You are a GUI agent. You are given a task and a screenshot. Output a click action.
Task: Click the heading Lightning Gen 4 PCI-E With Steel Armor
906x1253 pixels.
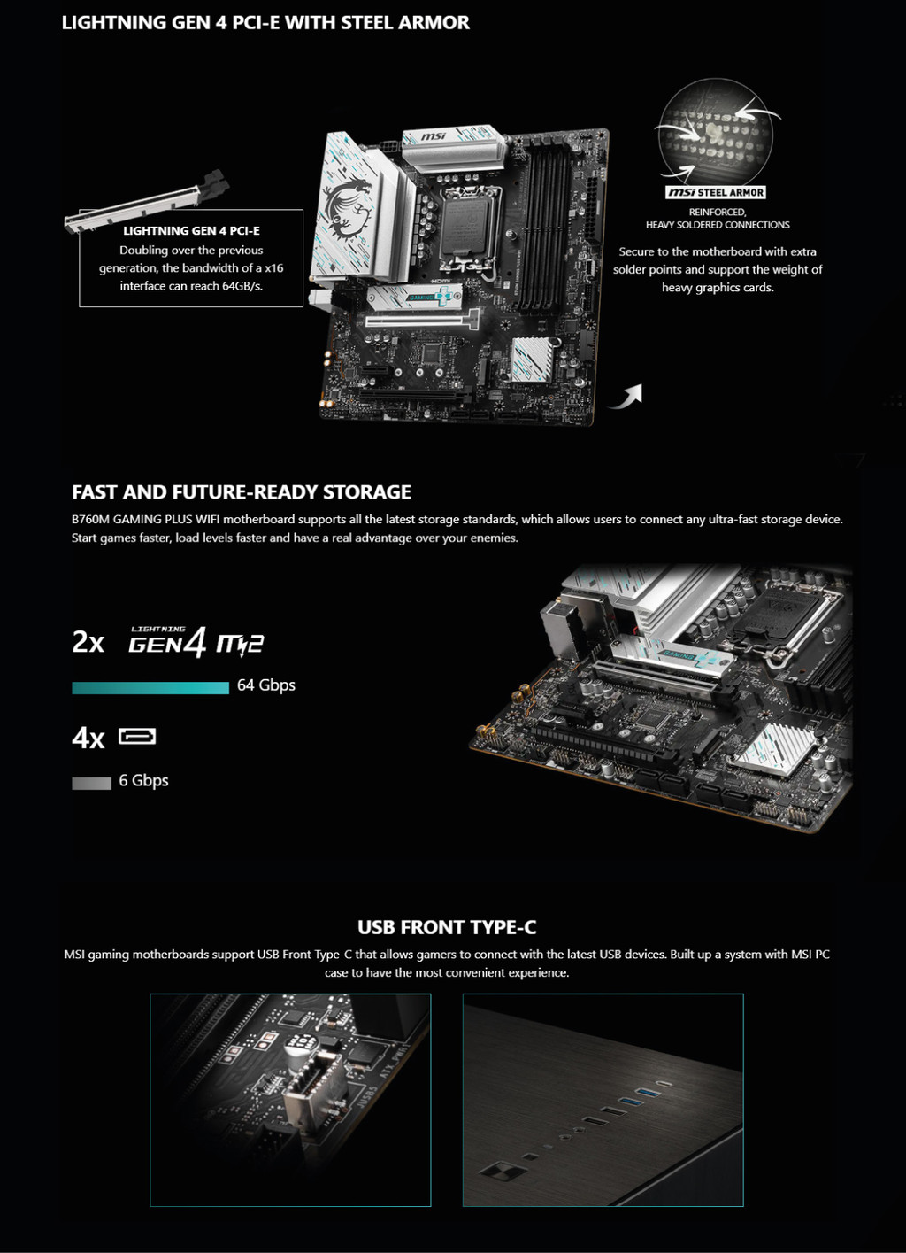(x=265, y=22)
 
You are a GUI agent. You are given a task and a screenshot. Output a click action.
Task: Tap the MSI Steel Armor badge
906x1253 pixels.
(x=716, y=192)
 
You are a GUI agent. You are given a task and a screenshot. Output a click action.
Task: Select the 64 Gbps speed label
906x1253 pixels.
(x=266, y=685)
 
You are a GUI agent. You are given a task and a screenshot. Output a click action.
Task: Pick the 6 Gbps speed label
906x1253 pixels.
(x=143, y=781)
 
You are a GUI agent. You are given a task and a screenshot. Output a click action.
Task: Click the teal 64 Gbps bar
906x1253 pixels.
(x=150, y=687)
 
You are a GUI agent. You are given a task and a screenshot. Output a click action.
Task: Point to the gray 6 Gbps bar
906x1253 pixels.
(x=92, y=784)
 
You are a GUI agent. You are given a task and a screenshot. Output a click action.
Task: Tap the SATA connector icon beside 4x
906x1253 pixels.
(x=137, y=737)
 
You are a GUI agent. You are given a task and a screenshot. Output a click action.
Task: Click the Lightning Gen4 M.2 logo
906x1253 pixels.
(x=196, y=641)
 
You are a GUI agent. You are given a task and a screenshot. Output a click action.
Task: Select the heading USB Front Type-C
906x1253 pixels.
(x=447, y=927)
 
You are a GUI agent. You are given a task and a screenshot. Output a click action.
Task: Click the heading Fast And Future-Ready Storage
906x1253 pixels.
(x=242, y=492)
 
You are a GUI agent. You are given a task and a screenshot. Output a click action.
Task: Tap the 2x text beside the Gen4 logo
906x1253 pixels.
(x=88, y=643)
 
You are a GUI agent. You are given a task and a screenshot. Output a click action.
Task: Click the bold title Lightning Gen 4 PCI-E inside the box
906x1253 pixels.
(x=192, y=230)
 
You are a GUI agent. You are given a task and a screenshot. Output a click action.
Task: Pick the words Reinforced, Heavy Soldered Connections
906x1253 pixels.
(x=718, y=218)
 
